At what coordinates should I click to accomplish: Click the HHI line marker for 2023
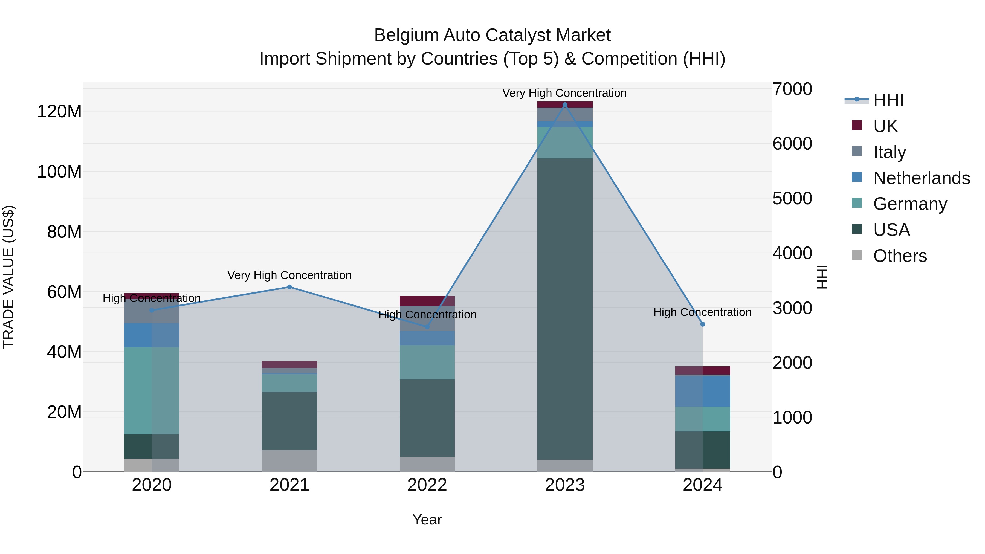click(x=565, y=105)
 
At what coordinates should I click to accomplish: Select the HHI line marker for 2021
click(x=289, y=287)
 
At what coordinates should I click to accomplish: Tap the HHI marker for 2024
click(x=702, y=324)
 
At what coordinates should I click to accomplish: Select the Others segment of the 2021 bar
click(x=289, y=461)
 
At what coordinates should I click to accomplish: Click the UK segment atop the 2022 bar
click(x=427, y=300)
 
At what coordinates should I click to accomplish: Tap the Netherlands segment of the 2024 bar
click(x=702, y=391)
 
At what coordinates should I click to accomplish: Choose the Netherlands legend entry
click(x=922, y=178)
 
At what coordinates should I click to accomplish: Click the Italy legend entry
click(x=890, y=152)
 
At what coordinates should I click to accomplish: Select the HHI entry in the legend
click(x=888, y=100)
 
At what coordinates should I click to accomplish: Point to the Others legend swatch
click(x=857, y=255)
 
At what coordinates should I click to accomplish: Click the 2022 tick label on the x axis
click(x=427, y=485)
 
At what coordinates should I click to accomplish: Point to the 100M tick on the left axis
click(x=59, y=172)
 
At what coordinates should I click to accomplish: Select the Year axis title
click(x=427, y=520)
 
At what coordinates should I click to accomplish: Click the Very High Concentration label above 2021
click(x=289, y=275)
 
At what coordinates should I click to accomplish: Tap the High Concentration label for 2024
click(x=702, y=312)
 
